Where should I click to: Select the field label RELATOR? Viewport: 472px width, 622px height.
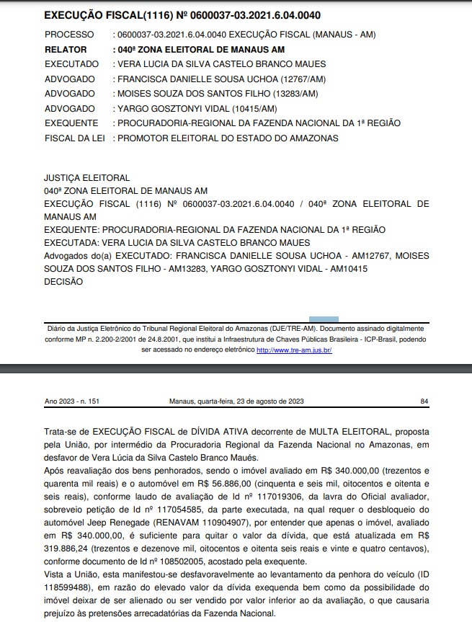pyautogui.click(x=66, y=50)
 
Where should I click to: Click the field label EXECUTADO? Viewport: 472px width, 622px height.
pyautogui.click(x=71, y=64)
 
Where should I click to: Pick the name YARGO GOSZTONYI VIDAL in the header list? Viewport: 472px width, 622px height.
pyautogui.click(x=186, y=108)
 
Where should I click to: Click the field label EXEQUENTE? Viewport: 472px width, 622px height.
pyautogui.click(x=71, y=123)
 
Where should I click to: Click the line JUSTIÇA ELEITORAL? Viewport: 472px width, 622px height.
pyautogui.click(x=86, y=178)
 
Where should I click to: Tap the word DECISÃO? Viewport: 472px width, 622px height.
pyautogui.click(x=63, y=282)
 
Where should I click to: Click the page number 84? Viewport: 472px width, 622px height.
pyautogui.click(x=424, y=401)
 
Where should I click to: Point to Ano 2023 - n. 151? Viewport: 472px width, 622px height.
pyautogui.click(x=74, y=401)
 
